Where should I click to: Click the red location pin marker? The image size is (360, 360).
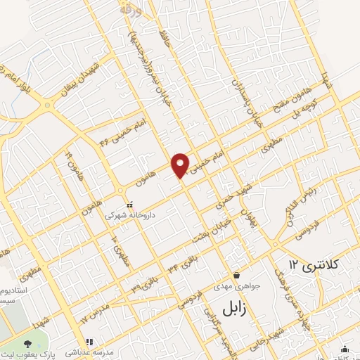[181, 164]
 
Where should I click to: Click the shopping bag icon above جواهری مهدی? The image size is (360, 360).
[238, 275]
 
